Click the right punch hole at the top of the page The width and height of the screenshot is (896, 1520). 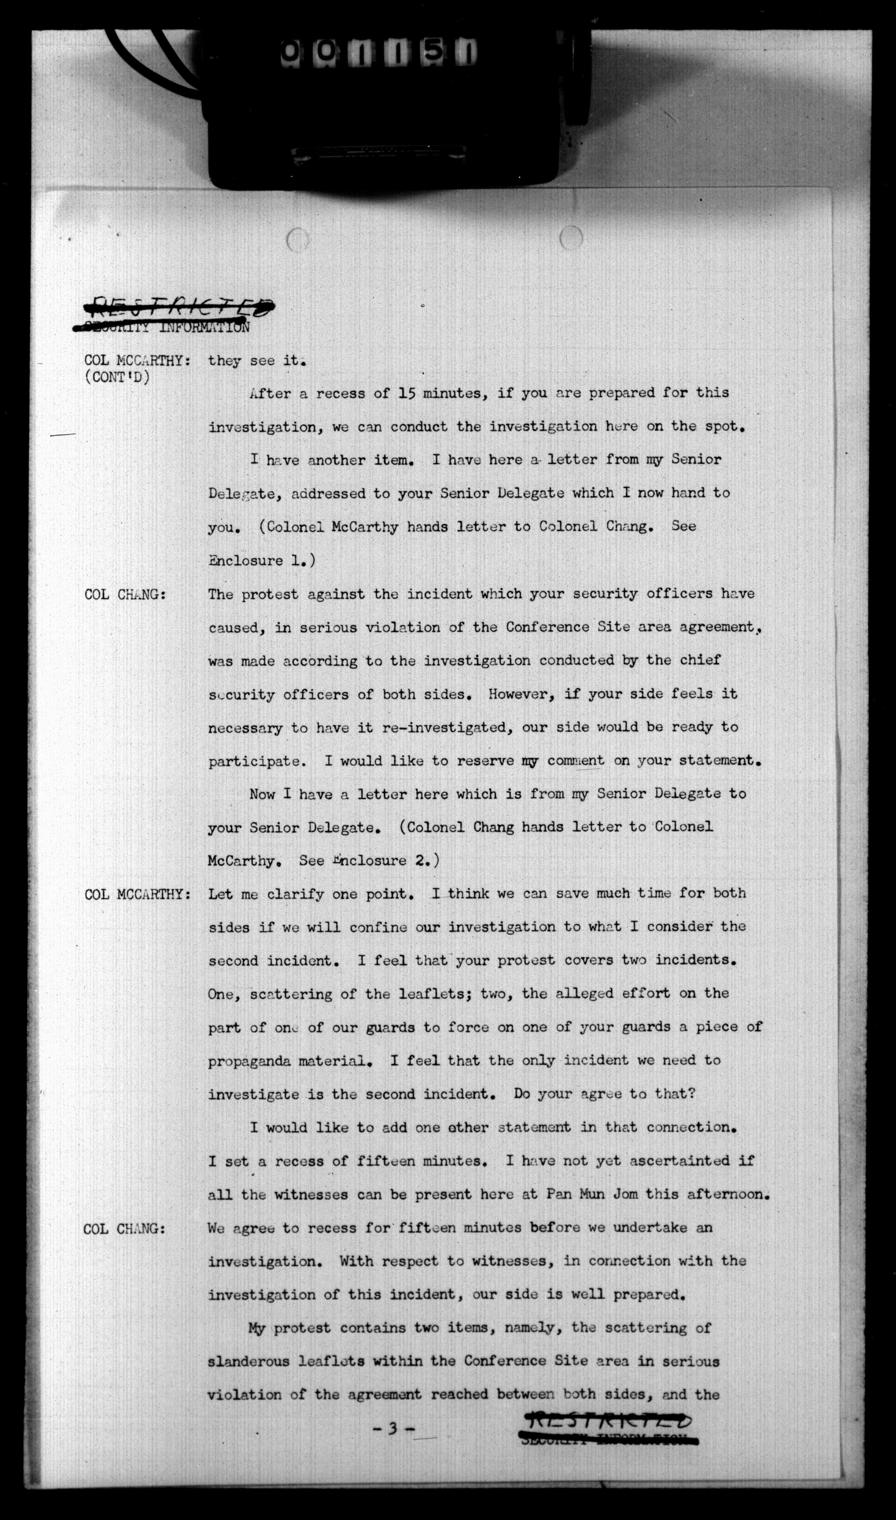[571, 237]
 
